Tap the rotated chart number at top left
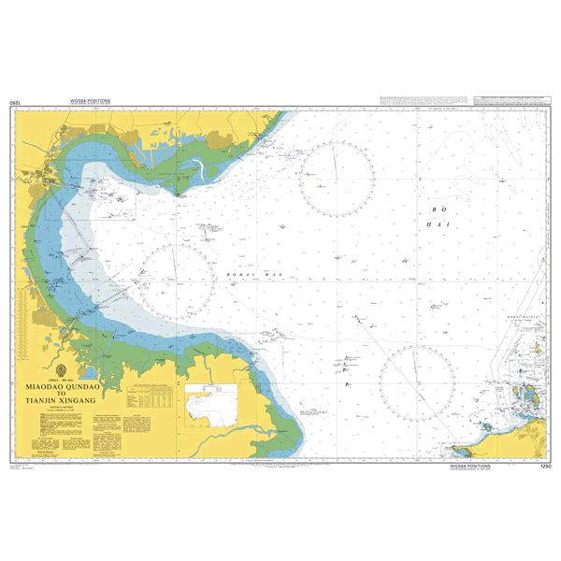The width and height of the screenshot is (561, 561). point(13,101)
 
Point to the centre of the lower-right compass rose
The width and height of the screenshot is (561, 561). point(415,382)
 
